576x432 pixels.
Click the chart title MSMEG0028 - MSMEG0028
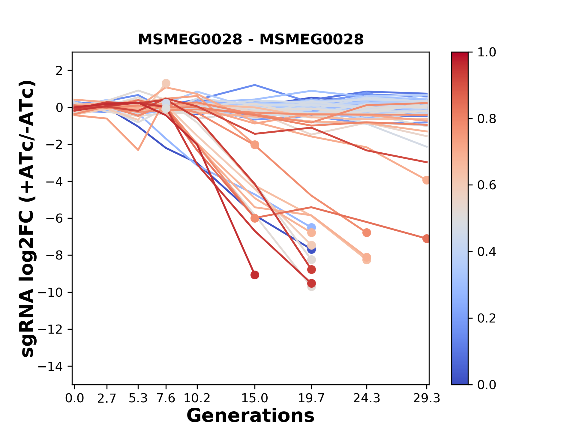(x=250, y=40)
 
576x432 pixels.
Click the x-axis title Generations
(x=250, y=416)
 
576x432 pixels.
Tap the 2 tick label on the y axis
(x=59, y=71)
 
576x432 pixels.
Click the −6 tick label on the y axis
(x=54, y=218)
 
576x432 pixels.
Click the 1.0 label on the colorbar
(x=487, y=52)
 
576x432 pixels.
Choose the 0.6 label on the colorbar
(x=487, y=185)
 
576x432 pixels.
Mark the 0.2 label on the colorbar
(x=487, y=318)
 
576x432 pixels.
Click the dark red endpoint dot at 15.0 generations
(x=255, y=275)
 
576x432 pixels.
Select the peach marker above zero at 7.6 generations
(x=166, y=83)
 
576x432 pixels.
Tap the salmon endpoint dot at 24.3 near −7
(x=366, y=232)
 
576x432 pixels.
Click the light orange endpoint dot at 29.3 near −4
(x=426, y=180)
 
